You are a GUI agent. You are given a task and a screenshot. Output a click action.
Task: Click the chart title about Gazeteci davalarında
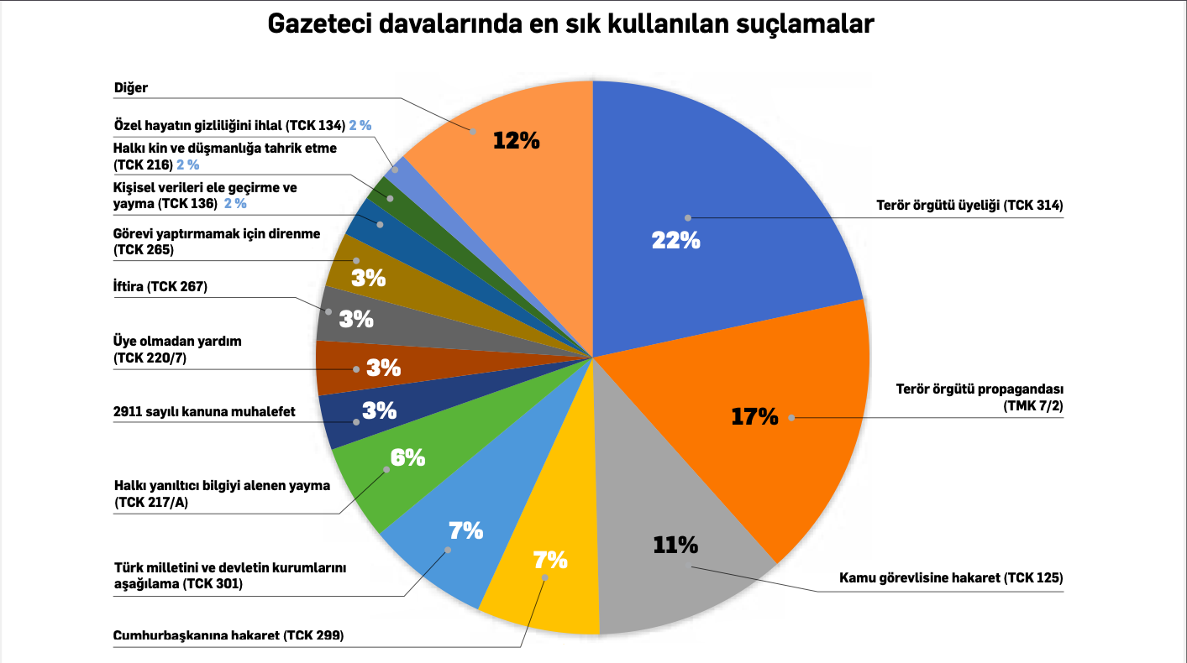[x=570, y=24]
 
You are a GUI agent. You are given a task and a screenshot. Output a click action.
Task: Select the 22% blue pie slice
[x=714, y=193]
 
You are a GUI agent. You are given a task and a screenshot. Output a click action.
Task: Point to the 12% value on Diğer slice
[x=516, y=140]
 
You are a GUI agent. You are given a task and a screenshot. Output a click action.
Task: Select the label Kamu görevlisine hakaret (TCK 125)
[x=951, y=577]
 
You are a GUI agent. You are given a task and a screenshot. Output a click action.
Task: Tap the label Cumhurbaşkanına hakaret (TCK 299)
[x=228, y=635]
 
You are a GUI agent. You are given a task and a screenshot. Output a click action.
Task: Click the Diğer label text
[x=130, y=87]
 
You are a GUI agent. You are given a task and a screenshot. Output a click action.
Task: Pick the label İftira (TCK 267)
[x=160, y=287]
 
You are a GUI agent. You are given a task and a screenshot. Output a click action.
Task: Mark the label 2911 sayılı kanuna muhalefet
[x=204, y=412]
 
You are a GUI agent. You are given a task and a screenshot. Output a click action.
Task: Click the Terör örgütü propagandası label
[x=980, y=390]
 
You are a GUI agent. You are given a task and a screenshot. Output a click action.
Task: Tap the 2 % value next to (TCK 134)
[x=360, y=125]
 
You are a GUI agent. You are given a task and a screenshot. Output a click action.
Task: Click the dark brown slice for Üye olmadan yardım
[x=340, y=368]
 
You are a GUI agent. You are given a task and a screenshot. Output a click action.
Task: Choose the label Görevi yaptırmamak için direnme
[x=216, y=233]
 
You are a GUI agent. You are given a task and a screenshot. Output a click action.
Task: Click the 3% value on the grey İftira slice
[x=356, y=319]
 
